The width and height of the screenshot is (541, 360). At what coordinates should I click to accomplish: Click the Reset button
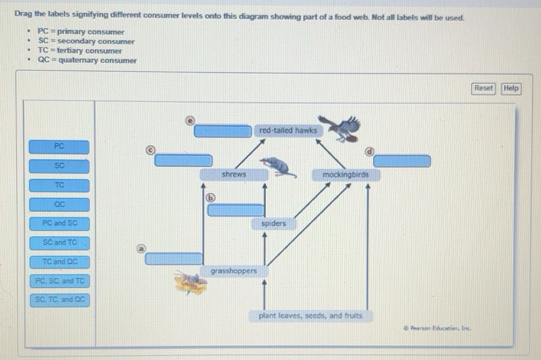pyautogui.click(x=483, y=88)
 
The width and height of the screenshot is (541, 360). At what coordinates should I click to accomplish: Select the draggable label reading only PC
pyautogui.click(x=59, y=146)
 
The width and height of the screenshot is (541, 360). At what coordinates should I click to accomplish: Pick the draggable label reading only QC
pyautogui.click(x=59, y=204)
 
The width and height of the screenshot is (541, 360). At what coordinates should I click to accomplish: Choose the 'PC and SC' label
pyautogui.click(x=59, y=224)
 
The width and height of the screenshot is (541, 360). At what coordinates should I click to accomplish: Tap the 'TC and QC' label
pyautogui.click(x=59, y=261)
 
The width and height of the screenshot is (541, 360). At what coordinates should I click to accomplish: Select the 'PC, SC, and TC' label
pyautogui.click(x=59, y=281)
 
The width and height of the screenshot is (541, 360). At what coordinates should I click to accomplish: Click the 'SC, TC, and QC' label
pyautogui.click(x=59, y=300)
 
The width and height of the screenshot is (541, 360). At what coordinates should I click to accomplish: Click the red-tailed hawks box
pyautogui.click(x=288, y=131)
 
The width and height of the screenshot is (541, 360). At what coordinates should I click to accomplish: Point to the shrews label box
pyautogui.click(x=233, y=174)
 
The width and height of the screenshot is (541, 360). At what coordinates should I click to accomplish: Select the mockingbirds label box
pyautogui.click(x=345, y=175)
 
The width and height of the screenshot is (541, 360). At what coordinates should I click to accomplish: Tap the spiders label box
pyautogui.click(x=273, y=224)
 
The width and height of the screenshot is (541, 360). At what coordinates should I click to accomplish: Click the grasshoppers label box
pyautogui.click(x=233, y=271)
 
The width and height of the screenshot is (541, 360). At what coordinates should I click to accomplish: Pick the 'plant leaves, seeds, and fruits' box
pyautogui.click(x=310, y=316)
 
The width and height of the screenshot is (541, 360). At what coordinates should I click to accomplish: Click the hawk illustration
pyautogui.click(x=341, y=128)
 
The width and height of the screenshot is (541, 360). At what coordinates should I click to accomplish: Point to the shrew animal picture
pyautogui.click(x=276, y=166)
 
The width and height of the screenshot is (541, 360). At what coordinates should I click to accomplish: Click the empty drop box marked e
pyautogui.click(x=223, y=131)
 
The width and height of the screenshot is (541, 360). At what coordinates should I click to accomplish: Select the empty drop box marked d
pyautogui.click(x=402, y=161)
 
